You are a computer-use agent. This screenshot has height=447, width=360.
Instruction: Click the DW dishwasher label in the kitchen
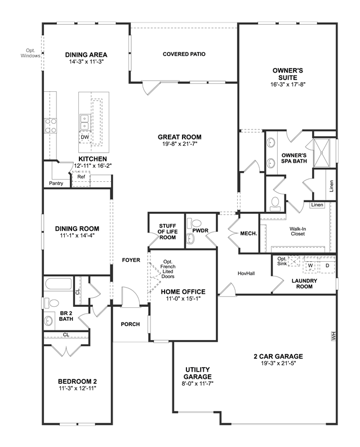[85, 137]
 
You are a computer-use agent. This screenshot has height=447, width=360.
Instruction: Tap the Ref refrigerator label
[81, 177]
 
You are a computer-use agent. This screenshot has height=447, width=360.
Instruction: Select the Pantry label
[56, 184]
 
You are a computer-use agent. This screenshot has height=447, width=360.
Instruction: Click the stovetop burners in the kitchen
[51, 126]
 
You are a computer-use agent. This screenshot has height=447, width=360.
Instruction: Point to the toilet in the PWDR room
[194, 223]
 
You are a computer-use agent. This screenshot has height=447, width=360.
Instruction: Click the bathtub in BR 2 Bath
[58, 284]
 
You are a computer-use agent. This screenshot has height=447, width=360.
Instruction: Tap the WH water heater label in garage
[334, 336]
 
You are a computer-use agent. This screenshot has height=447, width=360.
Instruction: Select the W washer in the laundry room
[310, 265]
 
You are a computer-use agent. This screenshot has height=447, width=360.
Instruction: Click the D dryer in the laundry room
[327, 265]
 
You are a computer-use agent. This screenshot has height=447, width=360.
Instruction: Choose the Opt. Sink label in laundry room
[282, 261]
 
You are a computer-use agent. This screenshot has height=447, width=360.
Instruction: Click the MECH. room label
[249, 234]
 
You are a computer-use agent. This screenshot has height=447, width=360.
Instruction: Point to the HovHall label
[246, 274]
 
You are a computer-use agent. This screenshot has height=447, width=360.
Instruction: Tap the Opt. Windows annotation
[30, 53]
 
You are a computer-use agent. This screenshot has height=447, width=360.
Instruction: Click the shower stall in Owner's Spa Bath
[322, 152]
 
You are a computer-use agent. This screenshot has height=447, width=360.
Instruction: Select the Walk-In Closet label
[298, 231]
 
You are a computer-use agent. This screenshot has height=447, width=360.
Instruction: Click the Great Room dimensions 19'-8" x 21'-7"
[180, 144]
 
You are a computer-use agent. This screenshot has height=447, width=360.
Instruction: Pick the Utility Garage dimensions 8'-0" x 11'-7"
[198, 384]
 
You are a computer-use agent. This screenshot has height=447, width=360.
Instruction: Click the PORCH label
[130, 324]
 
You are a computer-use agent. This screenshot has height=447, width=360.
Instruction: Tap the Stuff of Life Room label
[167, 231]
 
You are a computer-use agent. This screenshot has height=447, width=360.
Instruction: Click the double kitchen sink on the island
[85, 122]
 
